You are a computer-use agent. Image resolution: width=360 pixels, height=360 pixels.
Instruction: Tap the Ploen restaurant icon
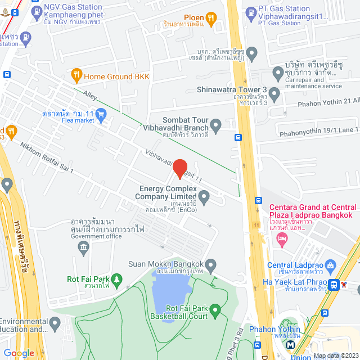pos(211,19)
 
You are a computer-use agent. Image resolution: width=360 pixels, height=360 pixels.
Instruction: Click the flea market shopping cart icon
pos(101,115)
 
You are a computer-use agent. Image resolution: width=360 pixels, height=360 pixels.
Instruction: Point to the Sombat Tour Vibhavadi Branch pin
pos(215,124)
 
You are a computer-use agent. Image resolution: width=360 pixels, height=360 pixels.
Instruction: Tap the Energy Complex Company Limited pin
pos(204,197)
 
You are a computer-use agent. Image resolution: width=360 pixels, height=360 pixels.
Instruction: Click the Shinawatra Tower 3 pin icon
pos(274,93)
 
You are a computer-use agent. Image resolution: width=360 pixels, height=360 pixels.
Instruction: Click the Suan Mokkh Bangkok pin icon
pos(211,264)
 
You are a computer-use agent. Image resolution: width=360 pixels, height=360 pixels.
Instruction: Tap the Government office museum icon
pos(84,247)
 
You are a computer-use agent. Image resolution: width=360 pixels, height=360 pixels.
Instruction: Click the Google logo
pos(19,353)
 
